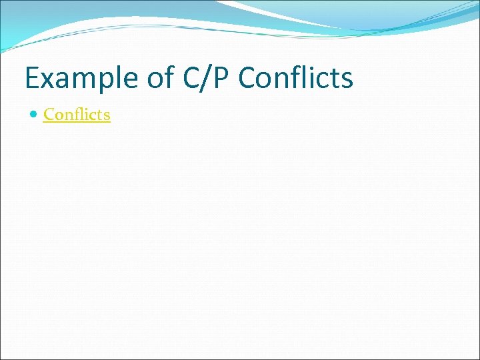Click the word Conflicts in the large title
295,79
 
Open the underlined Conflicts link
77,115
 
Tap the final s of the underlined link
107,115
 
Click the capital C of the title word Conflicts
247,79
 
